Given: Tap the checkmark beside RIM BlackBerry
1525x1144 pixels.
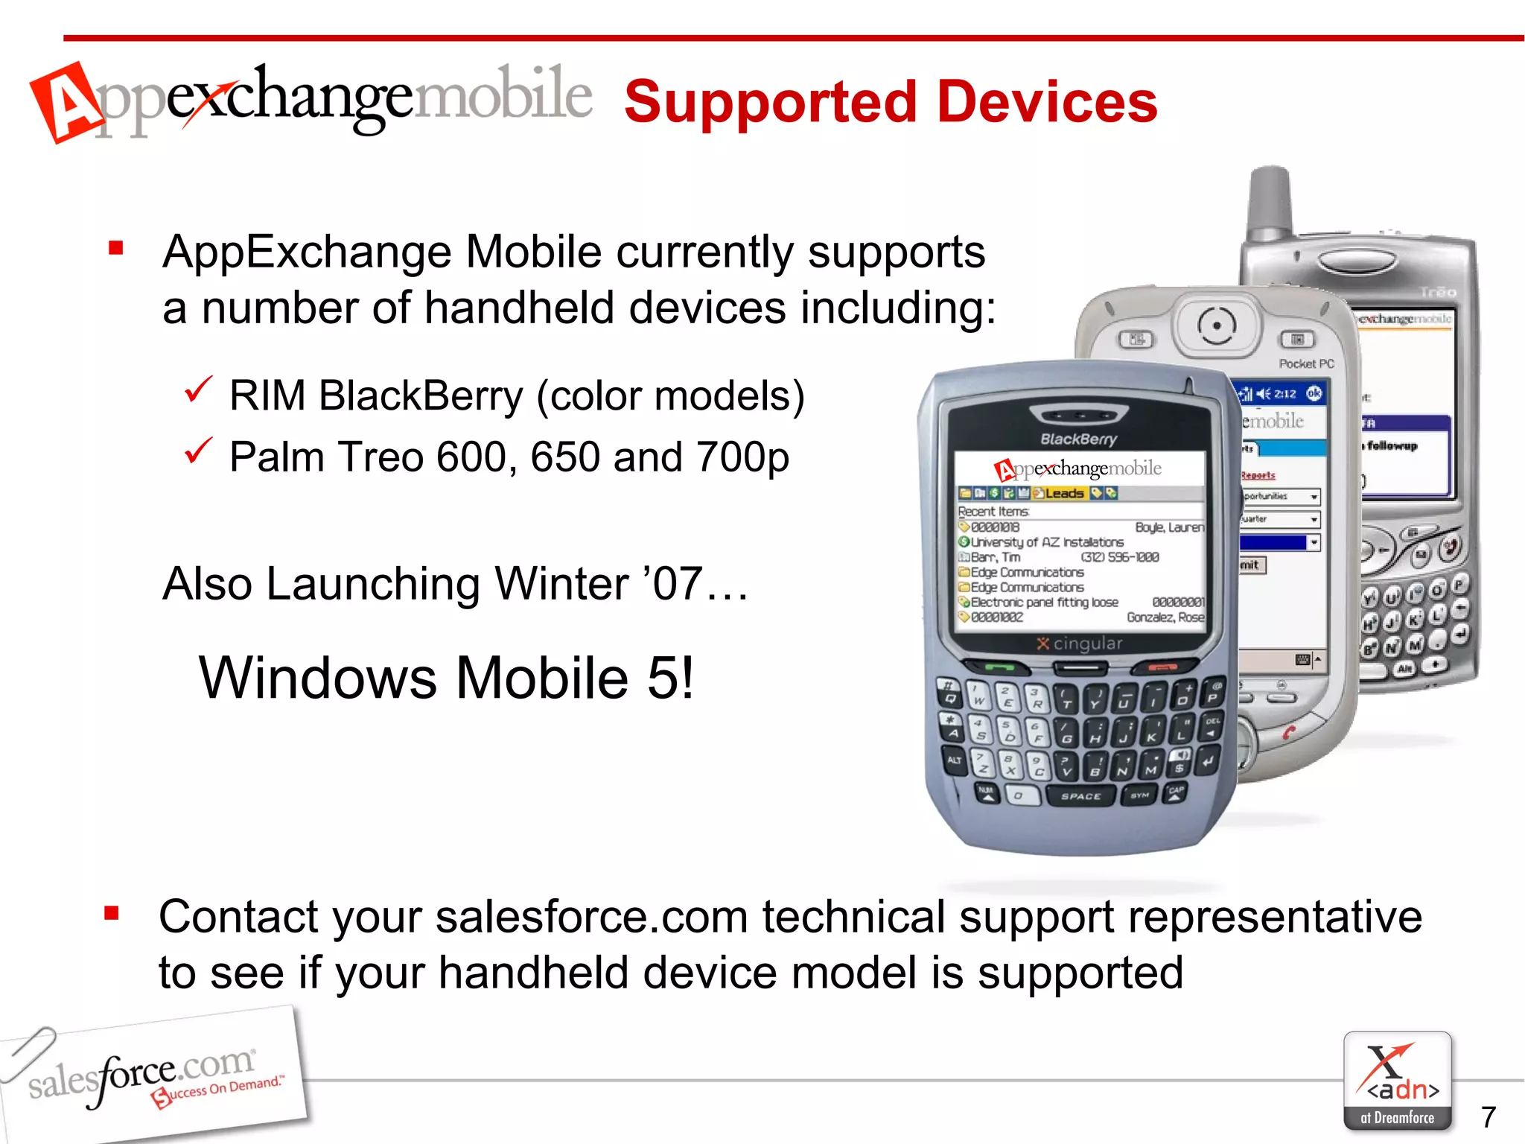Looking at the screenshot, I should pos(198,390).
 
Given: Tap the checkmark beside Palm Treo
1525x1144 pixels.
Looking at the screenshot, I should pos(198,451).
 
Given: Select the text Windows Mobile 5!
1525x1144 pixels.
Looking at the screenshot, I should pos(446,678).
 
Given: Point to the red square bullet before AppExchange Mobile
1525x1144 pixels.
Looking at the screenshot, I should pos(115,248).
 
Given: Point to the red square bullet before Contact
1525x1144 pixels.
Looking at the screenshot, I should pos(112,913).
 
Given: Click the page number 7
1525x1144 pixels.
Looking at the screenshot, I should pos(1488,1116).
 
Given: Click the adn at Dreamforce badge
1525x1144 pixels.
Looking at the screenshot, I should pos(1397,1081).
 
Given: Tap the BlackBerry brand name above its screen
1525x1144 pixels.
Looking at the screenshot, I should pos(1078,439).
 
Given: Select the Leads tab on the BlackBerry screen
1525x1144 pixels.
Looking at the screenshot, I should pos(1063,493).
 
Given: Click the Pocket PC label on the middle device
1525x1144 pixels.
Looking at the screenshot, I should pos(1306,363).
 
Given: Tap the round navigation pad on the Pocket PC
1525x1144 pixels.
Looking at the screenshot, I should pos(1217,326).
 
